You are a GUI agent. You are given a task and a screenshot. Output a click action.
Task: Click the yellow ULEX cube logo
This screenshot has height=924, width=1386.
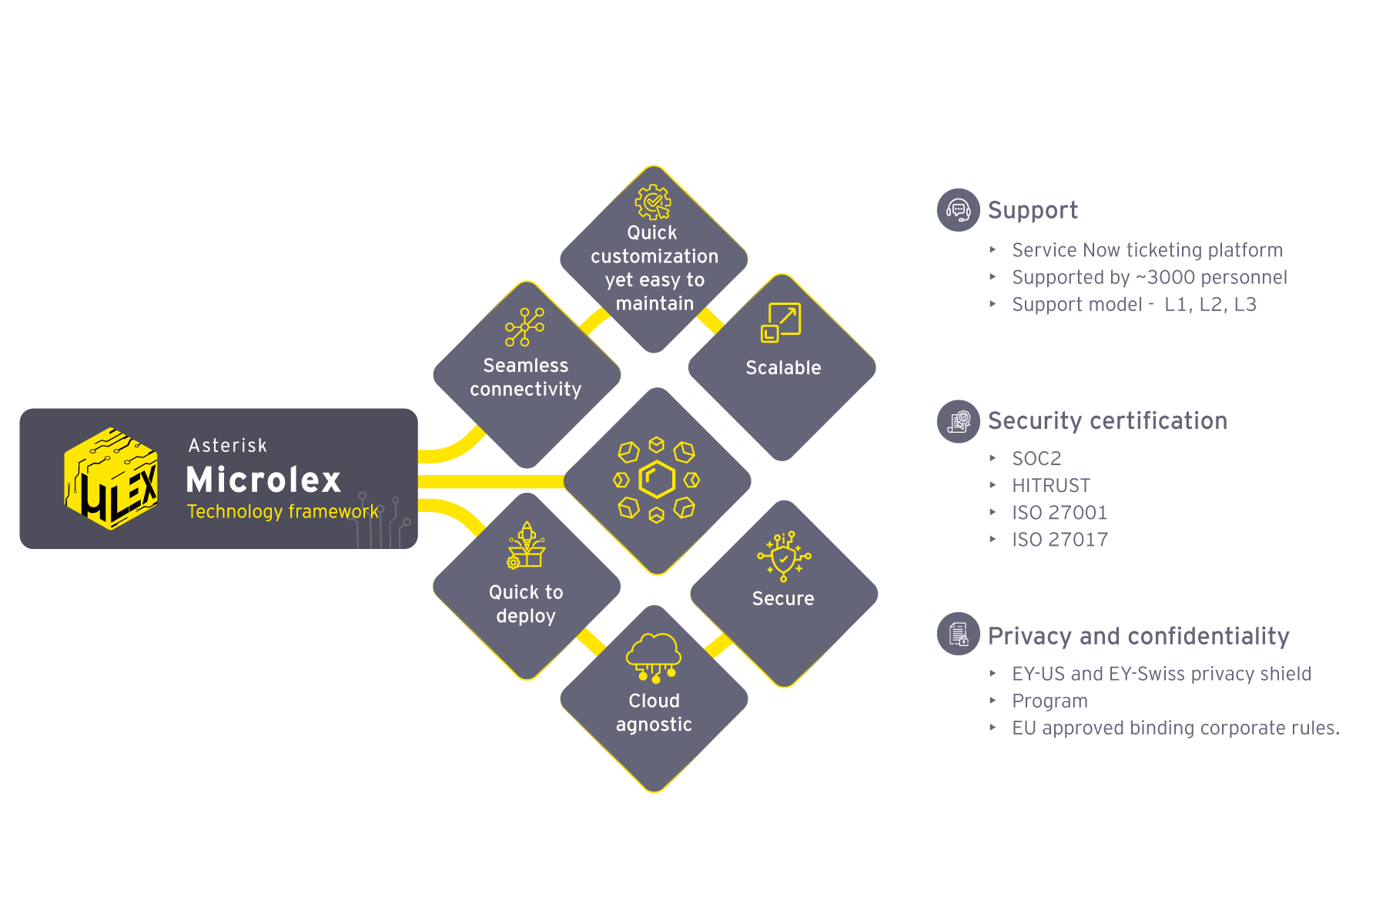click(x=112, y=478)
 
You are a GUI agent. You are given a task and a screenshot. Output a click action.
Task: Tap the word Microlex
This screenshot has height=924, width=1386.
click(x=263, y=480)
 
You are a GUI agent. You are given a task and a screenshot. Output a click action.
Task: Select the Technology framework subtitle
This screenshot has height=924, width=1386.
click(x=283, y=511)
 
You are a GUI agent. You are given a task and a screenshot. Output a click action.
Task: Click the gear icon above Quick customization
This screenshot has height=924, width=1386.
click(x=653, y=203)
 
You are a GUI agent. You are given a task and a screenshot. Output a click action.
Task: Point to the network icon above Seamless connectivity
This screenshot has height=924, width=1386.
click(x=524, y=326)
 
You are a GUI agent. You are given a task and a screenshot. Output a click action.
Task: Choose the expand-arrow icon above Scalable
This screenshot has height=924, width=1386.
click(x=781, y=322)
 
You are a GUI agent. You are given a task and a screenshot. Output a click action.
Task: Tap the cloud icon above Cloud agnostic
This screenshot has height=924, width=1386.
click(x=654, y=657)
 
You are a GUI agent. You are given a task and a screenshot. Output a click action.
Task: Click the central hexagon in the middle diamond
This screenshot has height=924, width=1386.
click(x=657, y=480)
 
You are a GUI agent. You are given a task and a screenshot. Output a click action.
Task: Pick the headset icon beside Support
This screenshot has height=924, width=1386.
click(x=958, y=209)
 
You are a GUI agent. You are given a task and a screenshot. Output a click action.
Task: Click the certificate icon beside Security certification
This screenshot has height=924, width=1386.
click(x=958, y=421)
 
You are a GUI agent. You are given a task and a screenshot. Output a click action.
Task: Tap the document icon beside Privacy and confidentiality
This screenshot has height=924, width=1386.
click(x=958, y=634)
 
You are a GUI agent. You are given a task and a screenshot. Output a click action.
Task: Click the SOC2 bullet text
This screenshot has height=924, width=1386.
click(x=1036, y=459)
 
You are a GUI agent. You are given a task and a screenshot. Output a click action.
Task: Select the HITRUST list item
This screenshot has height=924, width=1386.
click(x=1051, y=486)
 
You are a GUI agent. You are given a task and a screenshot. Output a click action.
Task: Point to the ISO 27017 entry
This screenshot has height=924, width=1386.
click(x=1060, y=540)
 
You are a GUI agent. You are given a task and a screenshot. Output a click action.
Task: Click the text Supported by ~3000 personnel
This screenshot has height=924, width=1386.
click(x=1149, y=277)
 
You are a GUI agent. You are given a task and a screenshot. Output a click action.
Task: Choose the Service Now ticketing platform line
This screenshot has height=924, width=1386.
click(x=1147, y=250)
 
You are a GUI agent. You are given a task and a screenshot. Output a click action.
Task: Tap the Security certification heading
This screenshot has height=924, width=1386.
click(x=1107, y=421)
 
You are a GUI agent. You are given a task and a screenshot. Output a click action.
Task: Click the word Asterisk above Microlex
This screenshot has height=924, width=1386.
click(x=228, y=446)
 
